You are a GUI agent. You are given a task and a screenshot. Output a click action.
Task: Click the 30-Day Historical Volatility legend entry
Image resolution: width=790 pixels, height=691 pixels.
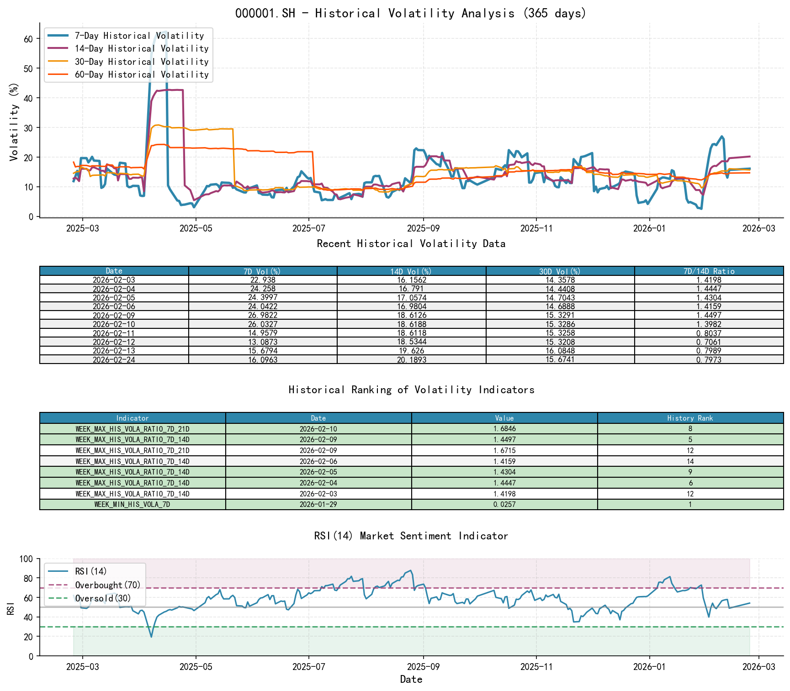point(141,62)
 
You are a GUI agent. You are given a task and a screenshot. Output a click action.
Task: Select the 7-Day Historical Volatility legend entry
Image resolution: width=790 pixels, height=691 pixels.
point(139,36)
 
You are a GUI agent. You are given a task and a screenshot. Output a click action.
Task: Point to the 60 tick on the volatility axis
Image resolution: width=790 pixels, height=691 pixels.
point(28,39)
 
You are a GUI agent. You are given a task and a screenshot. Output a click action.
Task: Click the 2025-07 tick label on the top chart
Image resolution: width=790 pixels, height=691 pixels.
point(308,228)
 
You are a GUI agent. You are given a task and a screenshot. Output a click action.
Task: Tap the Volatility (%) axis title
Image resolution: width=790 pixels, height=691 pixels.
point(14,122)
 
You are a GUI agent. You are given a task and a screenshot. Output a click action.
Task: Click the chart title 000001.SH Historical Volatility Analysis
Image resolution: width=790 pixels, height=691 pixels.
point(410,13)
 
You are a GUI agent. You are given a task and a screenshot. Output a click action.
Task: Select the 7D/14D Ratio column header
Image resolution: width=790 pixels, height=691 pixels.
point(709,271)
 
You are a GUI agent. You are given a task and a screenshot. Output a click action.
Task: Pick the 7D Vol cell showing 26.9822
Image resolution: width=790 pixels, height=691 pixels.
point(263,315)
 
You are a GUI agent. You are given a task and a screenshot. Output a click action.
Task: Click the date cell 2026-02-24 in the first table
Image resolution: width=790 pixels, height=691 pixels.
point(114,360)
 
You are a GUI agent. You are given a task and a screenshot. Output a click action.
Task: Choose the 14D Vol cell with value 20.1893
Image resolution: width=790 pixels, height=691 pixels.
point(411,360)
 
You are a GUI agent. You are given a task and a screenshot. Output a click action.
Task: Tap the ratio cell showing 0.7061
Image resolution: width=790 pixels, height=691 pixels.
point(709,342)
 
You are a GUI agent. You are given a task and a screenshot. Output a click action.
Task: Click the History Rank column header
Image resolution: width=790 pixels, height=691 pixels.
point(690,418)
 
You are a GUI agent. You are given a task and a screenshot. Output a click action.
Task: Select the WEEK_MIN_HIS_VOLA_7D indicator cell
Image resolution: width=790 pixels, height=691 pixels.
point(133,505)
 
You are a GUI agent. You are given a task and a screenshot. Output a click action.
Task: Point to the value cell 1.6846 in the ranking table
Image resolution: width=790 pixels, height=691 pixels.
point(504,429)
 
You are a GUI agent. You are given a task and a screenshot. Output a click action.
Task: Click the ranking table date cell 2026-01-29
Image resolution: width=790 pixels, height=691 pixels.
point(318,505)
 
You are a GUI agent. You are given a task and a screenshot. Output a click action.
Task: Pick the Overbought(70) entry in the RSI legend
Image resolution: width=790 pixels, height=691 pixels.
point(108,585)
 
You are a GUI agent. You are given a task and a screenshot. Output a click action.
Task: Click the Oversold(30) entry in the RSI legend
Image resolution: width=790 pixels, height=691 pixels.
point(103,598)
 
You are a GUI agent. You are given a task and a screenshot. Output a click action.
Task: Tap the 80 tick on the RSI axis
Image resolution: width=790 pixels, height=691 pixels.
point(28,579)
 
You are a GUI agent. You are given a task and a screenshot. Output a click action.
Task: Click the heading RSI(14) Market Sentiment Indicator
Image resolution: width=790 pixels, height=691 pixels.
point(411,536)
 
